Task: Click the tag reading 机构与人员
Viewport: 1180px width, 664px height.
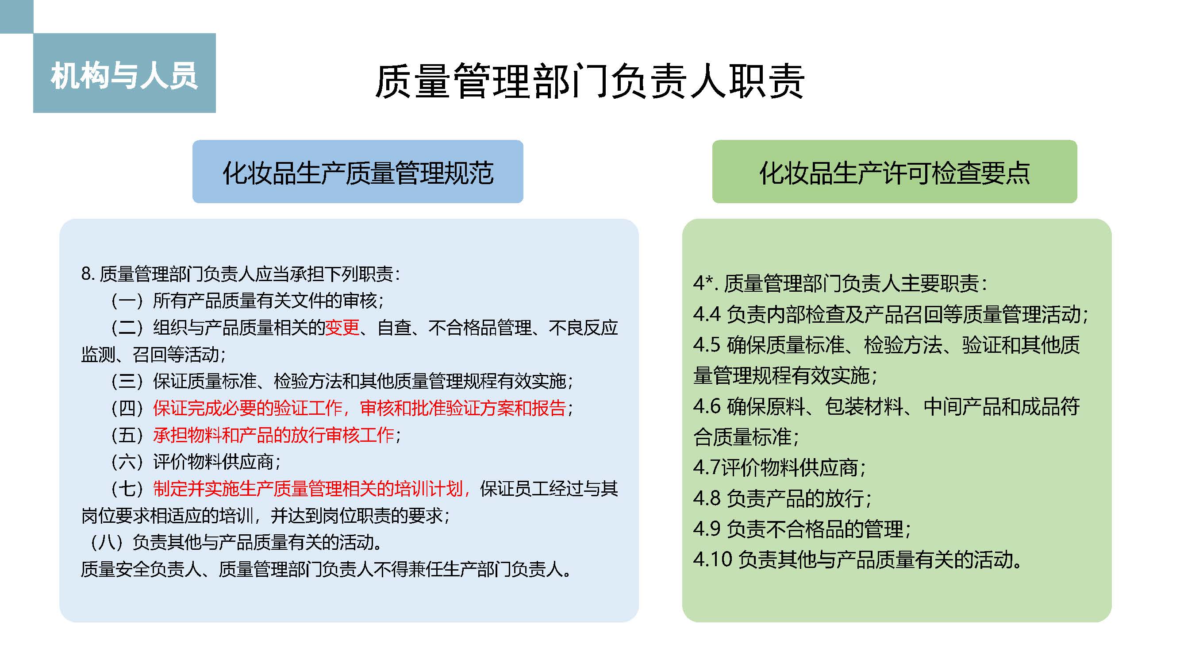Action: tap(124, 76)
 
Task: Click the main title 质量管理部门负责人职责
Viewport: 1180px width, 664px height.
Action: tap(589, 81)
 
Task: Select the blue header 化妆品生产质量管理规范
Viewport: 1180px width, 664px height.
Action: tap(358, 173)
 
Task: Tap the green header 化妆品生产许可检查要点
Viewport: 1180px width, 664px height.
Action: tap(894, 173)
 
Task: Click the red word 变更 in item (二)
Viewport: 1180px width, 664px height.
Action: tap(342, 327)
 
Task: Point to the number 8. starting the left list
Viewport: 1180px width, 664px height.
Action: tap(88, 274)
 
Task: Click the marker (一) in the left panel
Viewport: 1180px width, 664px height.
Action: tap(127, 301)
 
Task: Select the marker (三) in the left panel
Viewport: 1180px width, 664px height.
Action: tap(127, 381)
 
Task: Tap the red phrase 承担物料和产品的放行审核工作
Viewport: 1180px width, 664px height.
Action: tap(273, 434)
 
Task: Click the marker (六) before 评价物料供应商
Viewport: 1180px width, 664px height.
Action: tap(127, 461)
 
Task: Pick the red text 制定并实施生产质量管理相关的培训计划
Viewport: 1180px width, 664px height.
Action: tap(308, 489)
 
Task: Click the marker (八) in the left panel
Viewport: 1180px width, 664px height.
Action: tap(107, 542)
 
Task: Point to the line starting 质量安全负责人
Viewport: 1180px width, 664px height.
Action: tap(326, 569)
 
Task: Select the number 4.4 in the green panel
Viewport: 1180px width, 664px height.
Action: tap(707, 314)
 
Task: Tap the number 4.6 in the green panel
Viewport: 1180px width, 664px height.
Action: tap(707, 406)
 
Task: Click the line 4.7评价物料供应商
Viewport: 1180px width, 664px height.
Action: tap(779, 467)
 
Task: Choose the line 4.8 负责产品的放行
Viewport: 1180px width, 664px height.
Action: tap(782, 498)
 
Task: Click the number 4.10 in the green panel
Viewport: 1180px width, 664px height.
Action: tap(713, 559)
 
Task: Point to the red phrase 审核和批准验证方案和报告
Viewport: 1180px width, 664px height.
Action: tap(463, 408)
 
